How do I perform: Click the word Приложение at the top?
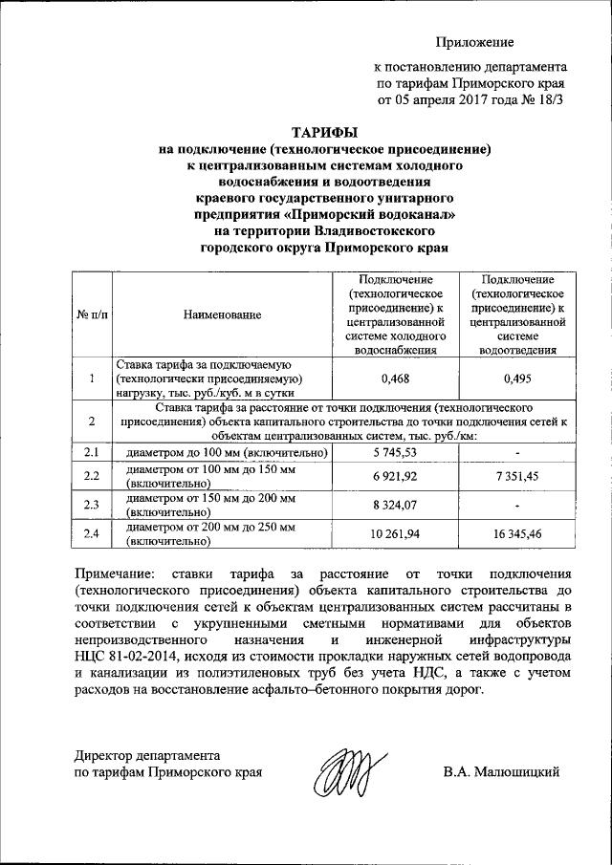[x=475, y=41]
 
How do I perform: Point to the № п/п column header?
[x=91, y=314]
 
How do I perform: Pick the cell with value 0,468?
[x=395, y=378]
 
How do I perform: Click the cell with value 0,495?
[x=521, y=378]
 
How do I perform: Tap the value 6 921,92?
[x=395, y=475]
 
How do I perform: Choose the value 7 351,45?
[x=521, y=475]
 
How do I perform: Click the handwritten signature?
[x=340, y=773]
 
